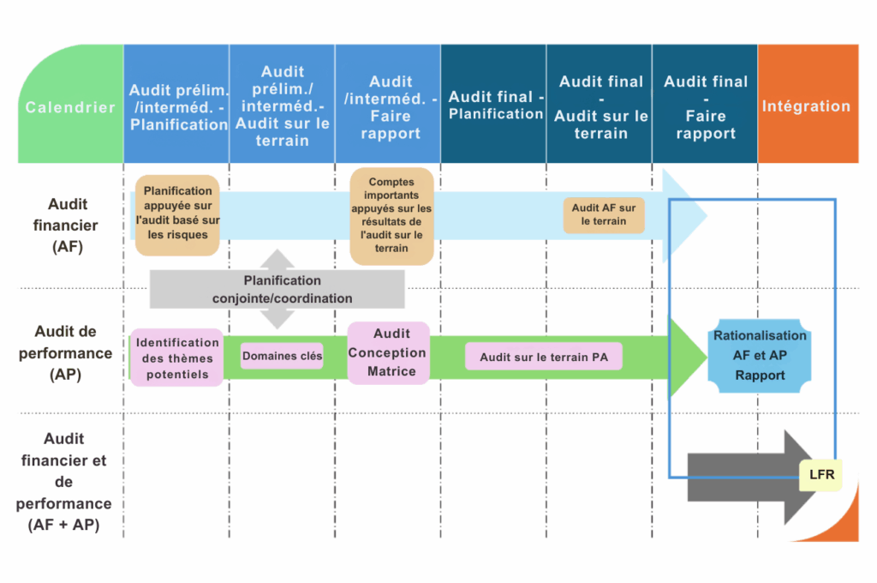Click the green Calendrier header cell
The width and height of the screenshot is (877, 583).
pyautogui.click(x=70, y=107)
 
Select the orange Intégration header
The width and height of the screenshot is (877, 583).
pyautogui.click(x=807, y=106)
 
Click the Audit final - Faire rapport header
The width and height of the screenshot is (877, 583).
pyautogui.click(x=705, y=107)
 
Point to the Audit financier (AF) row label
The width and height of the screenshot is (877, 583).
pyautogui.click(x=67, y=225)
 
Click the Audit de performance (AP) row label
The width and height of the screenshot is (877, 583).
pyautogui.click(x=67, y=352)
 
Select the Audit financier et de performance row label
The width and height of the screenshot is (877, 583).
pyautogui.click(x=64, y=482)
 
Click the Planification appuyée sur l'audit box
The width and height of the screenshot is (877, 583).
pyautogui.click(x=177, y=214)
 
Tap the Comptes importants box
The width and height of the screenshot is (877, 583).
pyautogui.click(x=391, y=215)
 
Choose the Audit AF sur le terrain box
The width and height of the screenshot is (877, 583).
pyautogui.click(x=604, y=214)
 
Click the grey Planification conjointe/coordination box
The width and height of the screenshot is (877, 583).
pyautogui.click(x=277, y=290)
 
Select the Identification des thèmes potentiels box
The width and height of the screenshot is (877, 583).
pyautogui.click(x=176, y=357)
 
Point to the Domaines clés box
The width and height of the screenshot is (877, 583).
pyautogui.click(x=282, y=356)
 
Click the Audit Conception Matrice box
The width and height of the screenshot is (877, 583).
pyautogui.click(x=389, y=352)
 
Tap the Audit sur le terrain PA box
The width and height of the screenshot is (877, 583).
pyautogui.click(x=544, y=357)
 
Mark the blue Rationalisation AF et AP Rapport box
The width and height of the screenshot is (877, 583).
pyautogui.click(x=760, y=356)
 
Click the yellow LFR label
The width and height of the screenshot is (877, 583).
pyautogui.click(x=820, y=474)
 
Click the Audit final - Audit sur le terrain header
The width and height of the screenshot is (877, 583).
pyautogui.click(x=600, y=107)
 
